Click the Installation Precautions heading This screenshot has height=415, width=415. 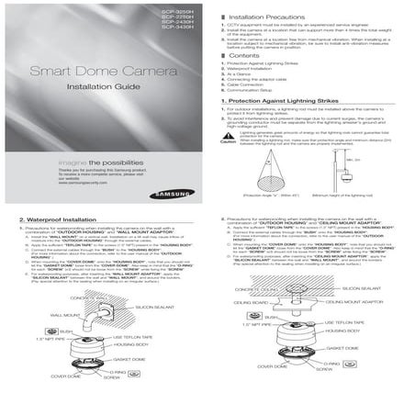click(x=267, y=17)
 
